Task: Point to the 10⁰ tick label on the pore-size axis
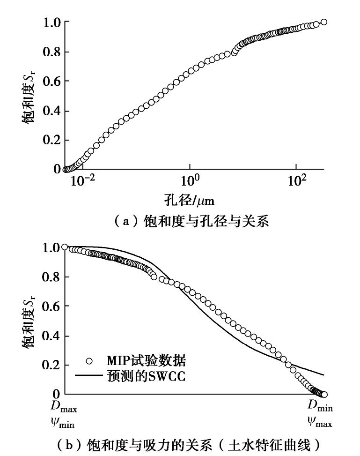[x=190, y=180]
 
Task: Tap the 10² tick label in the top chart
[x=296, y=180]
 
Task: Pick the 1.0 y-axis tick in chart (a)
[x=52, y=23]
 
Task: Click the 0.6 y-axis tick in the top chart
[x=52, y=82]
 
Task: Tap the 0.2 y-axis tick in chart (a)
[x=52, y=140]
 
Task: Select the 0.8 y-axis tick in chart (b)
[x=52, y=277]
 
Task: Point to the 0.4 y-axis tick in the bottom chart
[x=52, y=336]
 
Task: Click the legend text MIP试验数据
[x=146, y=360]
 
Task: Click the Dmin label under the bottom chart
[x=320, y=408]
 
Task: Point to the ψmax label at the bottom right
[x=320, y=424]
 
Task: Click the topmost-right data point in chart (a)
[x=323, y=22]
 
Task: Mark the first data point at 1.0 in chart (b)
[x=65, y=247]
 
